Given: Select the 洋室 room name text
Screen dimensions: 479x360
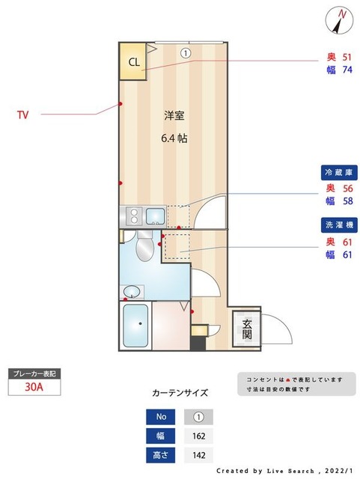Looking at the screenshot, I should point(174,116).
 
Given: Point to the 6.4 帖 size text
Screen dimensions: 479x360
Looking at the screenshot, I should point(174,138).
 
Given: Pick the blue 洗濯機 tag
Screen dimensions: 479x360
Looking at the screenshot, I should point(337,225).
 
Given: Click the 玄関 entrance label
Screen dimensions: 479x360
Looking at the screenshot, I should point(246,329).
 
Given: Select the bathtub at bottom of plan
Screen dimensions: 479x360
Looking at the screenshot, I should point(135,326).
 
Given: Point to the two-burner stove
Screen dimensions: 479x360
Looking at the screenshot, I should point(132,217).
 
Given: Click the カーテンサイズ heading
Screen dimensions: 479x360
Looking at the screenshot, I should point(180,392).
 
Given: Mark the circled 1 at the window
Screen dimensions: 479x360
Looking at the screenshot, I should point(185,52).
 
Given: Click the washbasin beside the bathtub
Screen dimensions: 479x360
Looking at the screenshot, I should point(132,290).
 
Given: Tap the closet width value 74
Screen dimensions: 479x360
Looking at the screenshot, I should point(347,70).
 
